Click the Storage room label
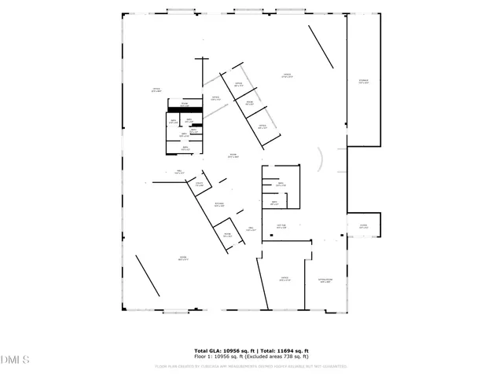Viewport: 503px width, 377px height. [x=363, y=82]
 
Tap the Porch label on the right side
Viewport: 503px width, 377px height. [x=364, y=226]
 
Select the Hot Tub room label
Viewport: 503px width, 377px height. [x=281, y=227]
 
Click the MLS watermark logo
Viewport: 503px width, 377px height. [x=15, y=360]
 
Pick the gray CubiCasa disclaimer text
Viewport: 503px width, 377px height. [x=251, y=365]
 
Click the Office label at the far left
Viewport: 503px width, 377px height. [x=156, y=90]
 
